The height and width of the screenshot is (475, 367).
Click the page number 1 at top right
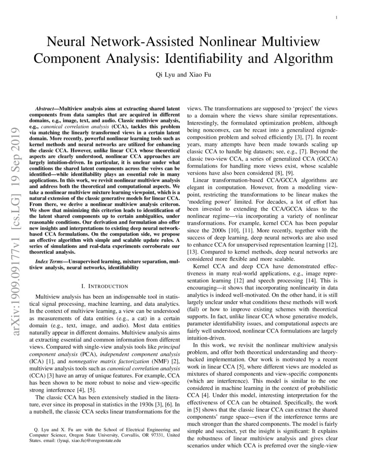point(336,18)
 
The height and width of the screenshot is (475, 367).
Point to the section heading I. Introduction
point(104,286)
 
